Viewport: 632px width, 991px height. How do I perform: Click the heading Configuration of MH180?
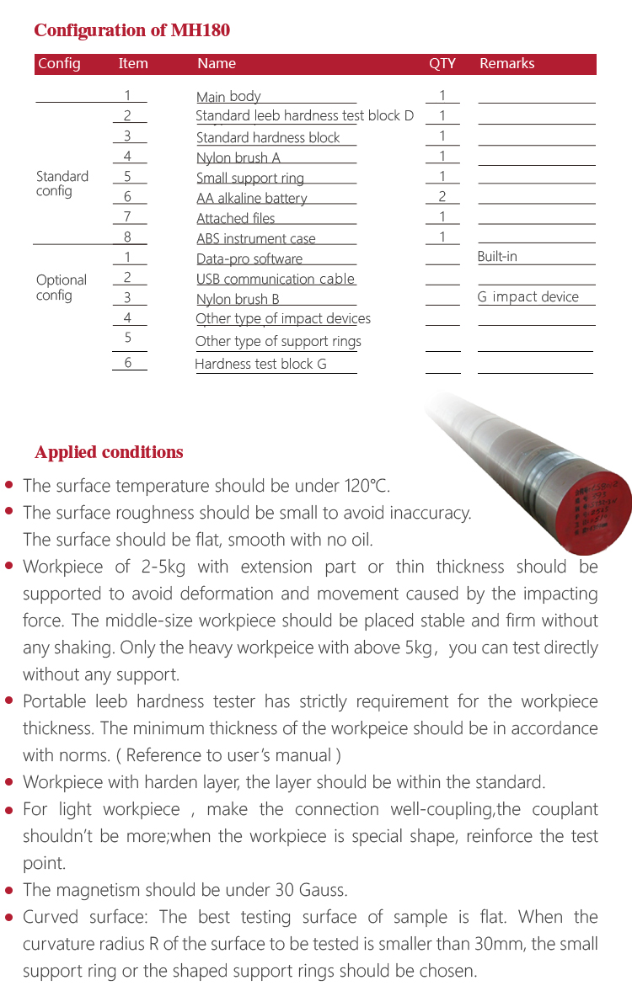tap(131, 31)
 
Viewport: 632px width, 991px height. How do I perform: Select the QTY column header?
tap(442, 64)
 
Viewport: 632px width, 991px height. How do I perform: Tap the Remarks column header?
tap(506, 64)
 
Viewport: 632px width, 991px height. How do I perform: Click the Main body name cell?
tap(228, 97)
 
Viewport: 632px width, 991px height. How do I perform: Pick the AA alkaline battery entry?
tap(251, 199)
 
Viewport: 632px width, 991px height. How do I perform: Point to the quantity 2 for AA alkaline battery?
tap(442, 197)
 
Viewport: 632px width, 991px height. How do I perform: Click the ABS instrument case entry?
tap(255, 239)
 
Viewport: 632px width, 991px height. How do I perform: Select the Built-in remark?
tap(497, 257)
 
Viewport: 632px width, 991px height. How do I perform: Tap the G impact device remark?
tap(528, 297)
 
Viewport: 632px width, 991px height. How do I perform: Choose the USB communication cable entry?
tap(276, 280)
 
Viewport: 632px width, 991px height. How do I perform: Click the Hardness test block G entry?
tap(260, 365)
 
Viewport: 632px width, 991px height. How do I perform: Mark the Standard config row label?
tap(62, 184)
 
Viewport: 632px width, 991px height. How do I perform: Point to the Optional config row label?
tap(61, 287)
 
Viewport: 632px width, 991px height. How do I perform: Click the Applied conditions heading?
tap(109, 452)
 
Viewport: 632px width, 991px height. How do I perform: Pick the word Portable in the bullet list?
tap(53, 701)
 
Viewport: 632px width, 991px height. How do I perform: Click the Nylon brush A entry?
tap(238, 158)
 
